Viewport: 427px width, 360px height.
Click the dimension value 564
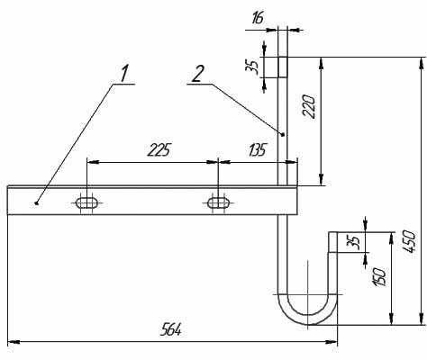[171, 329]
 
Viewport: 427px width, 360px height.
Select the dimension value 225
[159, 149]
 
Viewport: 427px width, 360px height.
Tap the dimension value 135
[258, 149]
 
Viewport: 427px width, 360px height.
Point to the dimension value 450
[410, 241]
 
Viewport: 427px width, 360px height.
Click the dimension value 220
[309, 106]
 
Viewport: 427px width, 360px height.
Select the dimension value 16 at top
[258, 18]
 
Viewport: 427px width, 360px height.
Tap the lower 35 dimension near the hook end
[353, 241]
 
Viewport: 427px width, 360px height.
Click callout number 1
[123, 74]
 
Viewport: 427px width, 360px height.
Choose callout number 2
[197, 74]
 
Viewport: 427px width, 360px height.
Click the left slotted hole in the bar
[87, 202]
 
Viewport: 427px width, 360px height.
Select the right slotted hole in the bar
[218, 202]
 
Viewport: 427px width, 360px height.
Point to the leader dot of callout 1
[36, 203]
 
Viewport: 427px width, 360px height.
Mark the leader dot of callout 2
[283, 135]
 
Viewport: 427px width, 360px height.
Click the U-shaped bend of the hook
[308, 319]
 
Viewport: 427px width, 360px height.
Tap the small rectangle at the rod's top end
[283, 67]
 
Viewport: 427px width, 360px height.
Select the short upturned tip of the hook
[332, 242]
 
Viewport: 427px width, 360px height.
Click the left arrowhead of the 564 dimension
[14, 342]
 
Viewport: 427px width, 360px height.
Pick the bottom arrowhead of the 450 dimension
[420, 319]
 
